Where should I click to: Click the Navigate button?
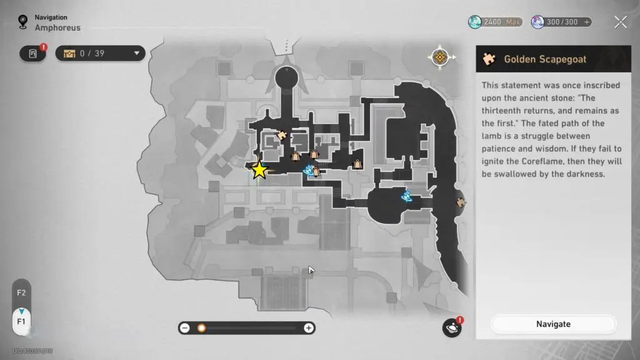pos(553,324)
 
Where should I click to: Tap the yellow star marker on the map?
pos(259,170)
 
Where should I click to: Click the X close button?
pos(620,22)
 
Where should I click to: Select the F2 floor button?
pos(21,292)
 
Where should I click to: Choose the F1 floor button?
pos(21,321)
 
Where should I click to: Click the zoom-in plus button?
pos(309,328)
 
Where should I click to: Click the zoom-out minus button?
pos(185,328)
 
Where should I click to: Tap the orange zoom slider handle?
pos(201,328)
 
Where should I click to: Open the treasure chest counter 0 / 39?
pos(100,54)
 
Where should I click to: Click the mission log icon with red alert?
pos(32,54)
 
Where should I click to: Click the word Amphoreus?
pos(57,27)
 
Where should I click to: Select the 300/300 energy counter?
pos(561,22)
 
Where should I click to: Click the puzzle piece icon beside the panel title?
pos(489,59)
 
